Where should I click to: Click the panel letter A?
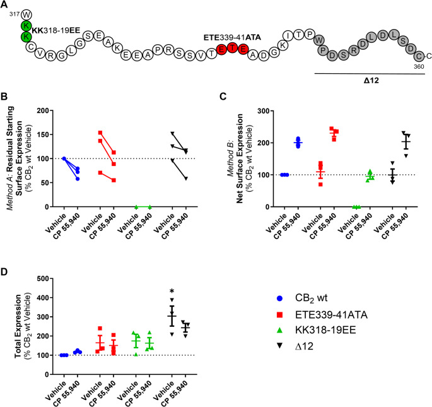[5, 5]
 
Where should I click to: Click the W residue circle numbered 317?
[26, 13]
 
